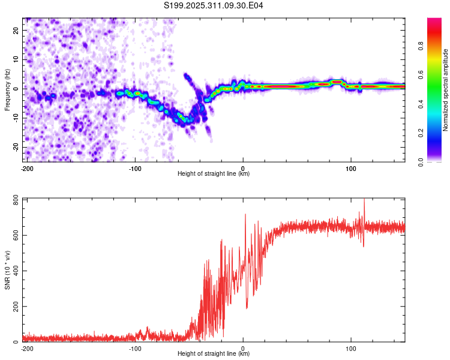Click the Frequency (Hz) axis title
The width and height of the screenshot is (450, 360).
click(x=7, y=90)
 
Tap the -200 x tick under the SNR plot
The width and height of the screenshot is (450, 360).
click(x=27, y=349)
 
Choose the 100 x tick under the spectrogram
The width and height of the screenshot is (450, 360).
click(x=352, y=169)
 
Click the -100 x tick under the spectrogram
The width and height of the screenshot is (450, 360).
click(x=135, y=169)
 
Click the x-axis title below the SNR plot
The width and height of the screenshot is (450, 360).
click(x=214, y=355)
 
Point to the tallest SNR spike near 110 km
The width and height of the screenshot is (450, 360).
click(x=364, y=201)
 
